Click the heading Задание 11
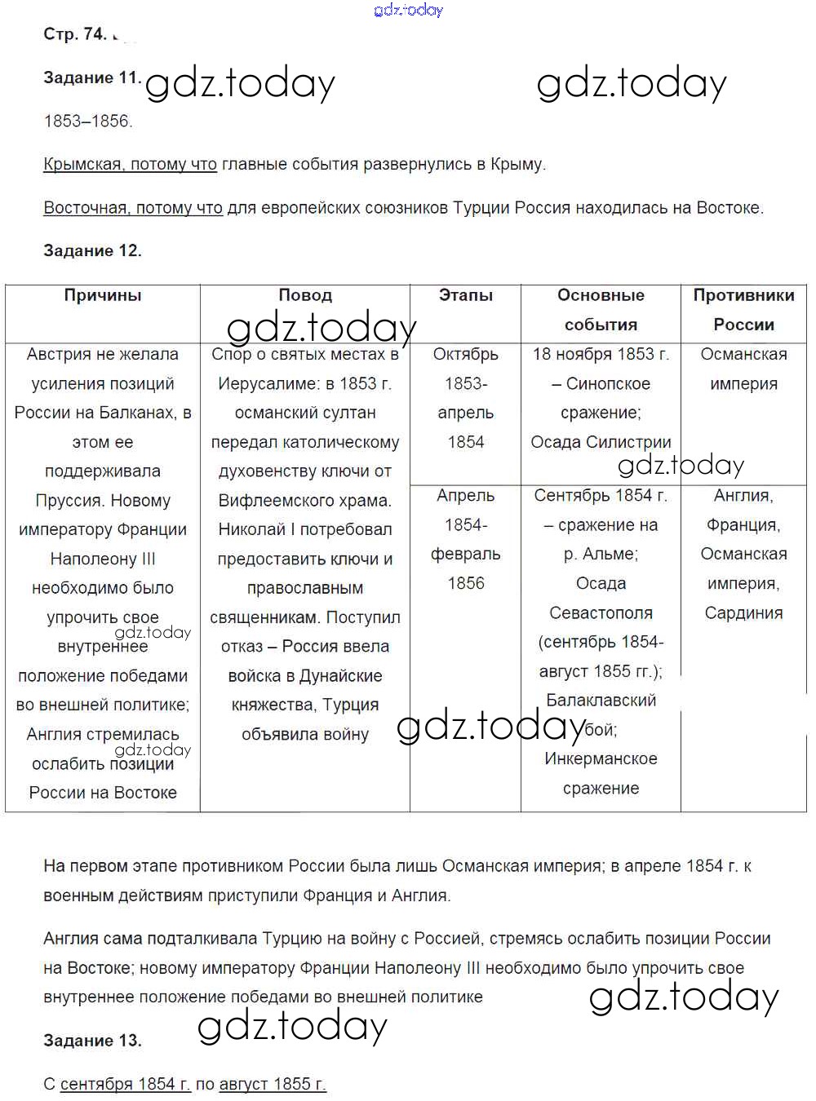point(92,78)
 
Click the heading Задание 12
point(92,251)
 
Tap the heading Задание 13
point(92,1041)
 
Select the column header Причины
point(103,295)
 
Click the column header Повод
point(305,295)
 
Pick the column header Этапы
point(466,295)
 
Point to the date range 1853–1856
point(87,122)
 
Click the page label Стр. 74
point(74,34)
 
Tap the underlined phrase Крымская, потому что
point(130,165)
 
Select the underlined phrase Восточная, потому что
point(133,208)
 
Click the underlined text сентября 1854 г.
point(125,1085)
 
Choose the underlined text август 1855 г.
point(273,1085)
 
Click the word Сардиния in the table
point(743,613)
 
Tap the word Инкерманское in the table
point(601,759)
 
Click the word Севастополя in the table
point(601,613)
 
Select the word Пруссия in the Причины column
point(69,501)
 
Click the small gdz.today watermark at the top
point(408,10)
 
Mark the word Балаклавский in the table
point(601,701)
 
